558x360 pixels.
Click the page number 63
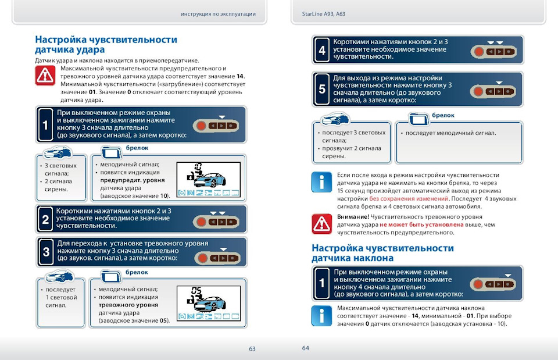252,349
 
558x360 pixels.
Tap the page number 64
306,348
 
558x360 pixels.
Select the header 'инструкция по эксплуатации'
219,14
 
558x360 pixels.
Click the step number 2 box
45,220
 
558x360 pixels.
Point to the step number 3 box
45,252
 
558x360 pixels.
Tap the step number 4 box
322,51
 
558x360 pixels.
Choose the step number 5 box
322,90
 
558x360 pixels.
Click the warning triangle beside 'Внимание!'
321,223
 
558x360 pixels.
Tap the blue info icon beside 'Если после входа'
321,182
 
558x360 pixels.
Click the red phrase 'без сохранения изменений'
409,199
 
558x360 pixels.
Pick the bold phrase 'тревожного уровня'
128,305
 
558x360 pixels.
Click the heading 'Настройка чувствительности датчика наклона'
382,253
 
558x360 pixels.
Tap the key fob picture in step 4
495,51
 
